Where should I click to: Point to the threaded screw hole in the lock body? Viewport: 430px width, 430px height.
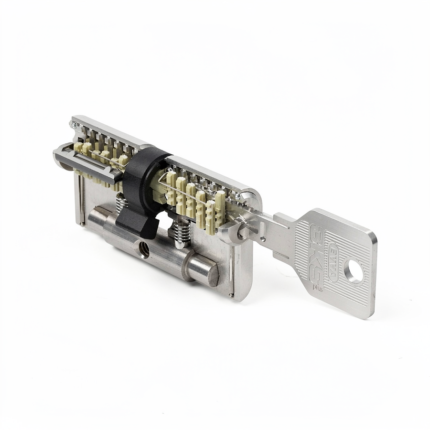(144, 249)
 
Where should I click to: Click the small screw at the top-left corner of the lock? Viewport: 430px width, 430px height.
(74, 125)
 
